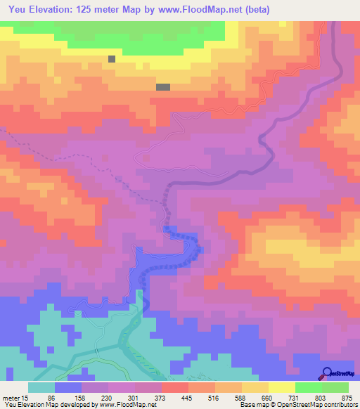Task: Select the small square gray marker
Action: [112, 59]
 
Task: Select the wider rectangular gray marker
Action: [163, 87]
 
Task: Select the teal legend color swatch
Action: [41, 387]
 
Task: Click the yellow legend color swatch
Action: [282, 387]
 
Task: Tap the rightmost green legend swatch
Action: [335, 387]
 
